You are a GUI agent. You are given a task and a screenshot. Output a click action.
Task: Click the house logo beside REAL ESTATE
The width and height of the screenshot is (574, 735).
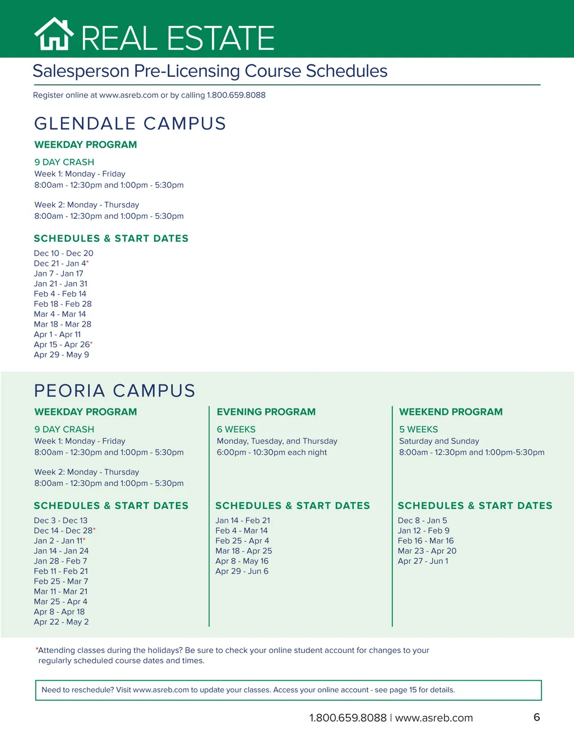pos(54,35)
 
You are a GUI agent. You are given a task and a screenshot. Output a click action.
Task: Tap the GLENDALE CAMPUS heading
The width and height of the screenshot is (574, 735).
pos(130,123)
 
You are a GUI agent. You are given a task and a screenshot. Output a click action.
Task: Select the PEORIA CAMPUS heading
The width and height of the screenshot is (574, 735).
pos(115,391)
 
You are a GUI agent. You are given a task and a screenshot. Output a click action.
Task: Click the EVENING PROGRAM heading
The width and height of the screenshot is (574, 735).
pos(266,412)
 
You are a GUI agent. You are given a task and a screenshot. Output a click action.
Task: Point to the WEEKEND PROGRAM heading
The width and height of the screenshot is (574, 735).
pos(451,412)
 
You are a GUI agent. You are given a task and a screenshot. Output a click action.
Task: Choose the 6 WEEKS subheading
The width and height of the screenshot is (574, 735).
pos(236,429)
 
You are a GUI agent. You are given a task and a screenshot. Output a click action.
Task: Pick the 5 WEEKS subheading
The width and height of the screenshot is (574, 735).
pos(418,429)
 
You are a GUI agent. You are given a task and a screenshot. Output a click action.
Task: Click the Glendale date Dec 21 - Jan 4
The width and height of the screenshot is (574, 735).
pos(61,264)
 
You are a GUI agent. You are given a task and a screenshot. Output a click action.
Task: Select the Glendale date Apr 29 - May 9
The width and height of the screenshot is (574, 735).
pos(62,355)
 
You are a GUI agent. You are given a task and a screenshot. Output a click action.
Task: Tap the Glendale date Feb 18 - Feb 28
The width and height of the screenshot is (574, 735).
pos(63,304)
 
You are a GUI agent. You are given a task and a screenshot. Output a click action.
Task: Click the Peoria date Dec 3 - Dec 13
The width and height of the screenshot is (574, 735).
pos(61,521)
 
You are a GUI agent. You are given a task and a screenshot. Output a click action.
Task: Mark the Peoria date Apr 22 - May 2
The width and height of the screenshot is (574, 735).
pos(61,622)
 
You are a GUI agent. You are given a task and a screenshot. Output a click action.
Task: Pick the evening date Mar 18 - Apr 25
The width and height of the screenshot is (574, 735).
pos(243,551)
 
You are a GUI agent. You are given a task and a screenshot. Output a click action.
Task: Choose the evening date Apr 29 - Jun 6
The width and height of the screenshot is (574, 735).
pos(242,571)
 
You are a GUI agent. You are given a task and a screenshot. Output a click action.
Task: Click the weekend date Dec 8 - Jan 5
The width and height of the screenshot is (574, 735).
pos(422,521)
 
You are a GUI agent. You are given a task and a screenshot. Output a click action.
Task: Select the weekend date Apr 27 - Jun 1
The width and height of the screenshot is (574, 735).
pos(423,561)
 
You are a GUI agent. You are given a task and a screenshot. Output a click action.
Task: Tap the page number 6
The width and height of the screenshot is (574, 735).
pos(536,717)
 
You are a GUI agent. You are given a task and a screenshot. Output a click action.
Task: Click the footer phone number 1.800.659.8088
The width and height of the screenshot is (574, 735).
pos(348,718)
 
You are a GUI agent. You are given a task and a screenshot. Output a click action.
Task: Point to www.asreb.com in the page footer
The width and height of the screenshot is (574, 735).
pos(434,718)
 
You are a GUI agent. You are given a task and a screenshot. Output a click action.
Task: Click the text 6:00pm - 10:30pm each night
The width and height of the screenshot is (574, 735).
pos(272,452)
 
